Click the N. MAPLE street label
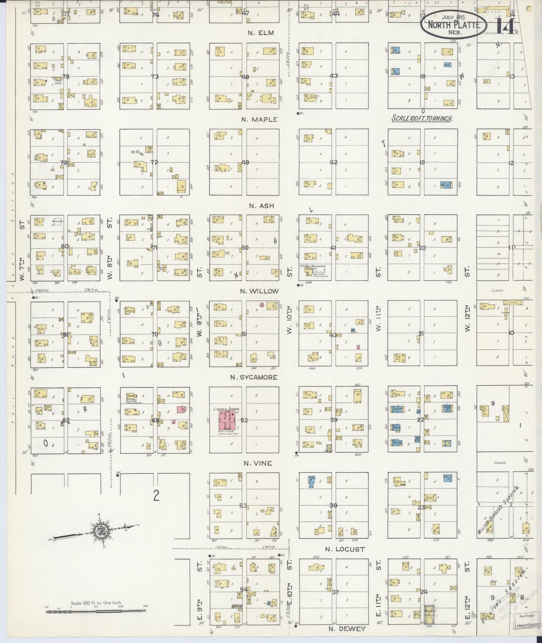[259, 119]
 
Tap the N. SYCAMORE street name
[254, 377]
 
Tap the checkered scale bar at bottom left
[96, 611]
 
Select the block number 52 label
[244, 420]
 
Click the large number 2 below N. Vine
[156, 496]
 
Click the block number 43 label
[333, 76]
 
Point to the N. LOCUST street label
[344, 549]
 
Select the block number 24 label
[424, 592]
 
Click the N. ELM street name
[261, 33]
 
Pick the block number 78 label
[66, 77]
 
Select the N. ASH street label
[261, 206]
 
